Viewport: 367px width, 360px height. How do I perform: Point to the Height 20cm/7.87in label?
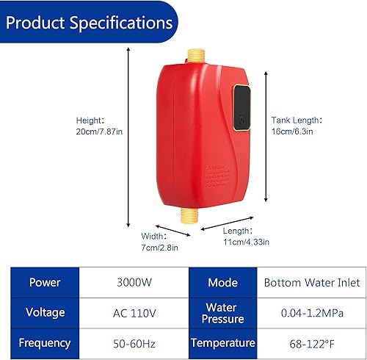coord(100,126)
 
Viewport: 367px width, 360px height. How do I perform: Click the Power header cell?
coord(45,283)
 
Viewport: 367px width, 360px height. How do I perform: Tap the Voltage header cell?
coord(45,313)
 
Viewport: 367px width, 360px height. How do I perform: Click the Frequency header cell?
coord(45,343)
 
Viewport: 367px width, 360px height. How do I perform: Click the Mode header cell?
coord(223,283)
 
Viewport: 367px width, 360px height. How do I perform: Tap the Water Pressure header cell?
coord(223,313)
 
